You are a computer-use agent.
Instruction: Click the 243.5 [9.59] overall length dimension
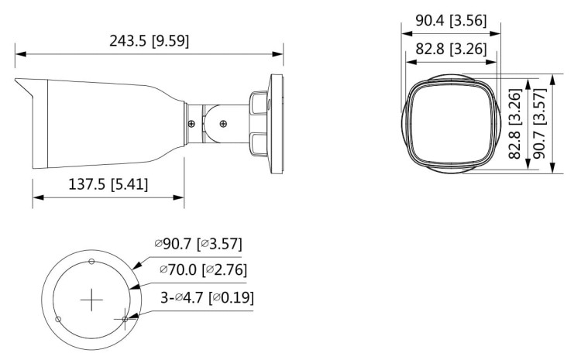[149, 41]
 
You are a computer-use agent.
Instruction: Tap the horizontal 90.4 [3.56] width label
[450, 22]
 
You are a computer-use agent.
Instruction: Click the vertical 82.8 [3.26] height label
[514, 124]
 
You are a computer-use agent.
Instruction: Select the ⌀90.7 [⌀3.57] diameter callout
[198, 245]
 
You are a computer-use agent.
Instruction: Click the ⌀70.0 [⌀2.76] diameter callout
[203, 269]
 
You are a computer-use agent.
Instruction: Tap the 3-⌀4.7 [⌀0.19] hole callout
[206, 297]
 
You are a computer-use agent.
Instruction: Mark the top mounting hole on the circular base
[91, 262]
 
